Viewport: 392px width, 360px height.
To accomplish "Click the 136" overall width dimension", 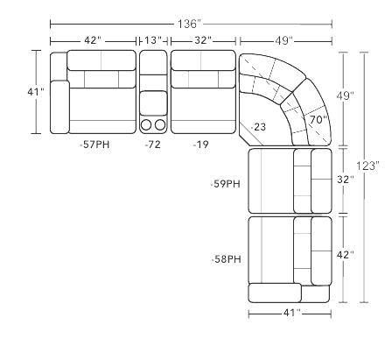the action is click(190, 24).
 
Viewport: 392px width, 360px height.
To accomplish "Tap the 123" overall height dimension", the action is click(367, 166).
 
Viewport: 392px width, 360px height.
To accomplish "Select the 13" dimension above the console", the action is click(153, 40).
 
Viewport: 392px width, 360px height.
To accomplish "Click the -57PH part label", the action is click(94, 145).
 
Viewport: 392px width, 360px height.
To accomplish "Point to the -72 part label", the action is click(153, 145).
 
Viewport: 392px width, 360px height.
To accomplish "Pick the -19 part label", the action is click(201, 145).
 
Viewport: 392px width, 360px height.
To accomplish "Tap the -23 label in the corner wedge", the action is click(259, 127).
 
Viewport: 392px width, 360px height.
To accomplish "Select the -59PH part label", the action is click(226, 184).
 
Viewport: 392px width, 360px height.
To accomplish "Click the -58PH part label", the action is click(227, 259).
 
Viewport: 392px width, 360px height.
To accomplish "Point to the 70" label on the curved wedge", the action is click(318, 120).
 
